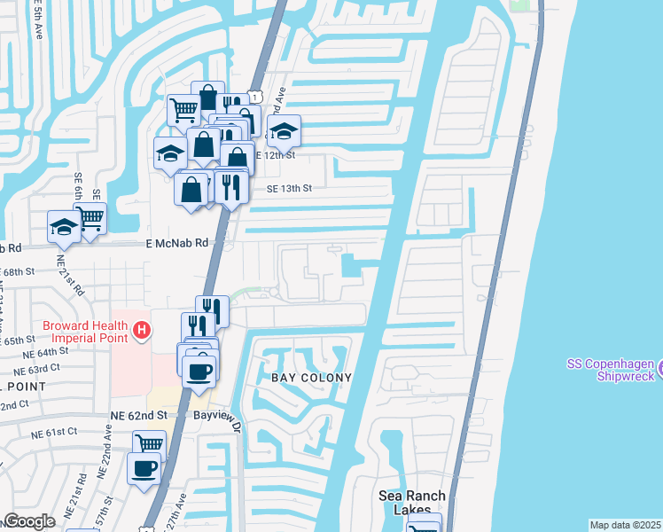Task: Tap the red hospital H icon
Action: (x=140, y=332)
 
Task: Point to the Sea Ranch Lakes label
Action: (x=409, y=502)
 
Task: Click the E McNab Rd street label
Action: (x=177, y=242)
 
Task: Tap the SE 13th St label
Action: (x=290, y=189)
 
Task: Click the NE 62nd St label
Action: (x=139, y=414)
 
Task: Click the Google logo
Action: (x=29, y=521)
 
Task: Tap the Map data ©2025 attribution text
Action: (x=625, y=525)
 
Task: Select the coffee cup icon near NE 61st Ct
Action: (x=143, y=467)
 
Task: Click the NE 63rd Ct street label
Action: (x=48, y=368)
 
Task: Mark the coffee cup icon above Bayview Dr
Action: (x=199, y=371)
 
